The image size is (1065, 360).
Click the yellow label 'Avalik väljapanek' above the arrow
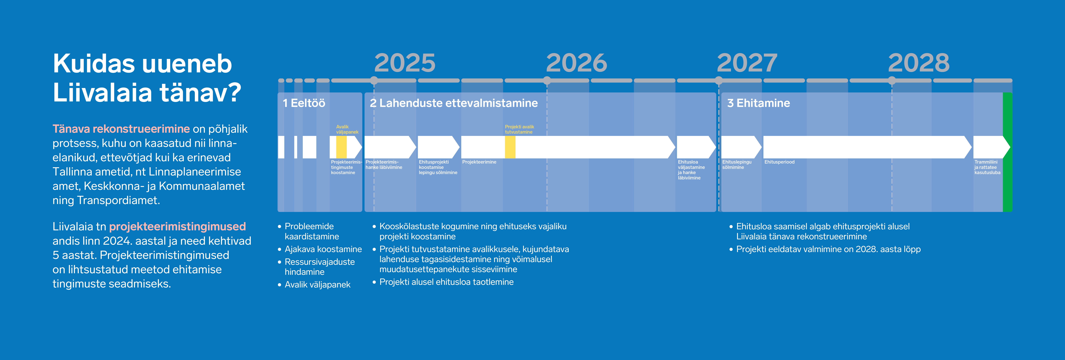(x=347, y=129)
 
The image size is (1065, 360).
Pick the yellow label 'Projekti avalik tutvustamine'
(x=519, y=129)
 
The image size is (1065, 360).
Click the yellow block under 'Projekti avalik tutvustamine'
(x=510, y=147)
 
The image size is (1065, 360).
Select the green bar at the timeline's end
(x=1007, y=152)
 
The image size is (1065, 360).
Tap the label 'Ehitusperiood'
(x=779, y=162)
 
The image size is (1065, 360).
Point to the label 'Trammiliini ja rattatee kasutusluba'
(x=987, y=167)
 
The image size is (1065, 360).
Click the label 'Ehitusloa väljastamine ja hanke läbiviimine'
(x=691, y=170)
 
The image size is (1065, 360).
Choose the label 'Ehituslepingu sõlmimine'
(x=737, y=164)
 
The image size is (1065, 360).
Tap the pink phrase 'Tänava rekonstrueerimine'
(x=121, y=129)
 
